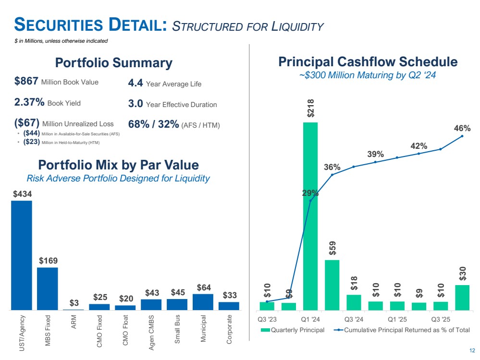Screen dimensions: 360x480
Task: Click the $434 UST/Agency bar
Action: pyautogui.click(x=22, y=255)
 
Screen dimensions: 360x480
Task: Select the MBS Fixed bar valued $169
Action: pyautogui.click(x=48, y=288)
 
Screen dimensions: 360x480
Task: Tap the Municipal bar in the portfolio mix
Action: pyautogui.click(x=203, y=302)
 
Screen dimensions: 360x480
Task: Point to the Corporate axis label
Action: pyautogui.click(x=229, y=329)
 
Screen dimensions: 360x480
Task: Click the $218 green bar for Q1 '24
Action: pyautogui.click(x=310, y=216)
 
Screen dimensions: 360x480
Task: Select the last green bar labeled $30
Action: pyautogui.click(x=462, y=298)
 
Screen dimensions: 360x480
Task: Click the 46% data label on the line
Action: pyautogui.click(x=462, y=129)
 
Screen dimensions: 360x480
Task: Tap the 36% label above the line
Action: pyautogui.click(x=332, y=167)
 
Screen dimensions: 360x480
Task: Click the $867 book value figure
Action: pyautogui.click(x=27, y=82)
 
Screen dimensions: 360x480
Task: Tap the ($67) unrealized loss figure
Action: pyautogui.click(x=27, y=123)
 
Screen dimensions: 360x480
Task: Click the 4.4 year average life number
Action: pyautogui.click(x=135, y=84)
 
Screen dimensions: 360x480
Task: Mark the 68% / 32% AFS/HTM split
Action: pyautogui.click(x=153, y=125)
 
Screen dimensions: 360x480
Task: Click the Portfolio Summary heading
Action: pyautogui.click(x=113, y=63)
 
